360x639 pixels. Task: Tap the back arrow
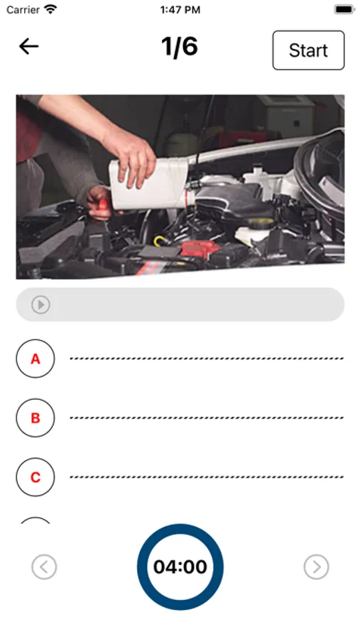pyautogui.click(x=28, y=47)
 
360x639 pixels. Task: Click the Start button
pyautogui.click(x=308, y=50)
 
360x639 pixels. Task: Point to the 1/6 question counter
pyautogui.click(x=180, y=46)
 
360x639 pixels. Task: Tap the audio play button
pyautogui.click(x=40, y=305)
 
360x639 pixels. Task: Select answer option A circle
pyautogui.click(x=36, y=359)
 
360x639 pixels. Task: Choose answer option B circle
pyautogui.click(x=36, y=417)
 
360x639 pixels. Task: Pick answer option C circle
pyautogui.click(x=36, y=477)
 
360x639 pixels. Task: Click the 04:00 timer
pyautogui.click(x=180, y=567)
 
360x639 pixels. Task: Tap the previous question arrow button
pyautogui.click(x=44, y=567)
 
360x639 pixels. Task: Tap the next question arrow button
pyautogui.click(x=317, y=567)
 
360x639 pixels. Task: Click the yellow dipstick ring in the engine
pyautogui.click(x=159, y=241)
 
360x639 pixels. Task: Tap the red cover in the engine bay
pyautogui.click(x=200, y=248)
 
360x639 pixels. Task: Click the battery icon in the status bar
pyautogui.click(x=344, y=10)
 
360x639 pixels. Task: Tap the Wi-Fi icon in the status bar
pyautogui.click(x=50, y=9)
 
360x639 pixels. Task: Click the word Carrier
pyautogui.click(x=23, y=10)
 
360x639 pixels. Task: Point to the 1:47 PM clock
pyautogui.click(x=180, y=10)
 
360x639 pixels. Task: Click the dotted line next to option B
pyautogui.click(x=207, y=417)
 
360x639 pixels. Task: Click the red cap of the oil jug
pyautogui.click(x=189, y=199)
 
